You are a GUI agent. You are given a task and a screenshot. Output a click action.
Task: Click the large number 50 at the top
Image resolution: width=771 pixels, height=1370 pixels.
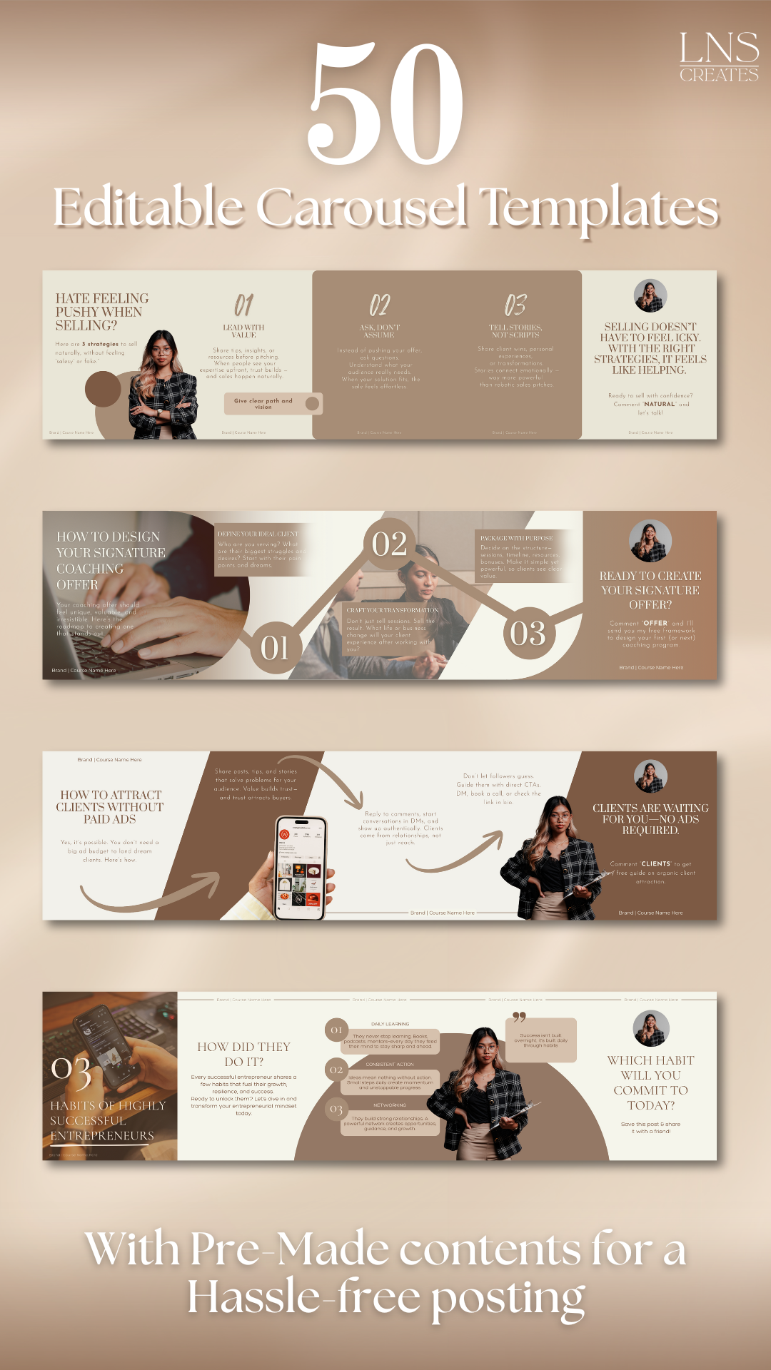click(x=385, y=103)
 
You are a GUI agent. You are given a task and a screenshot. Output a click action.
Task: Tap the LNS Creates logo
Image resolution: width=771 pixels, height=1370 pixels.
click(x=718, y=57)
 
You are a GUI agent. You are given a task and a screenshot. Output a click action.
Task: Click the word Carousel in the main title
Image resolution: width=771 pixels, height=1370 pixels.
click(x=362, y=208)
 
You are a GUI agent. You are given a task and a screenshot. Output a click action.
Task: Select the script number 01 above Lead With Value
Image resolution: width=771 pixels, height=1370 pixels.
click(x=243, y=305)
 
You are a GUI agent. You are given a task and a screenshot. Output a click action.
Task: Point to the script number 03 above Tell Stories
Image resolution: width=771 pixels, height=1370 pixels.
click(x=515, y=305)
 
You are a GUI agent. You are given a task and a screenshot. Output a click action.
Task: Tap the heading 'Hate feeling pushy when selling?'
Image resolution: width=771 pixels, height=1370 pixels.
click(x=101, y=312)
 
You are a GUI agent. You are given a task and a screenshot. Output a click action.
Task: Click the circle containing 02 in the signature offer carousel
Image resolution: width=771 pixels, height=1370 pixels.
click(x=390, y=544)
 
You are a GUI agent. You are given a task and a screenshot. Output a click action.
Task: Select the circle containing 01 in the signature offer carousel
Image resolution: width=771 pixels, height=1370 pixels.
click(x=275, y=648)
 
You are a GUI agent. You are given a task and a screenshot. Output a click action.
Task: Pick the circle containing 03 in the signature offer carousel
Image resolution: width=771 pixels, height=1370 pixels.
click(x=528, y=633)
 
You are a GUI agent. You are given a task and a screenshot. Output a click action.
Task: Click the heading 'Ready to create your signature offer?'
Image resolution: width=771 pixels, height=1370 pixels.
click(x=650, y=590)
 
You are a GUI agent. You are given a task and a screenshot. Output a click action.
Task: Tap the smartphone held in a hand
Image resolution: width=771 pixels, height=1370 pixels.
click(x=301, y=868)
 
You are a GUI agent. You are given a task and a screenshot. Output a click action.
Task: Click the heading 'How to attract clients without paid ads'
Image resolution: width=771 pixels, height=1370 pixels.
click(x=110, y=807)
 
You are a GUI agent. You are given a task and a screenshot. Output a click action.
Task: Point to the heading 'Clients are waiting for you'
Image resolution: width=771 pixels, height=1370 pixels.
click(x=650, y=819)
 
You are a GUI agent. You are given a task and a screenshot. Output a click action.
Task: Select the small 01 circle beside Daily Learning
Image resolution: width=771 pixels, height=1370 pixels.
click(x=336, y=1030)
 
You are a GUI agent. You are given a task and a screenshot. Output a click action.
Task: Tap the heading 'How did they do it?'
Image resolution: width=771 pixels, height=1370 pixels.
click(x=243, y=1054)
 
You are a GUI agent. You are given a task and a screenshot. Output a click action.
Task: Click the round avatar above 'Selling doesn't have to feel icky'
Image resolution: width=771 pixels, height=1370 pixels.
click(x=650, y=295)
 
